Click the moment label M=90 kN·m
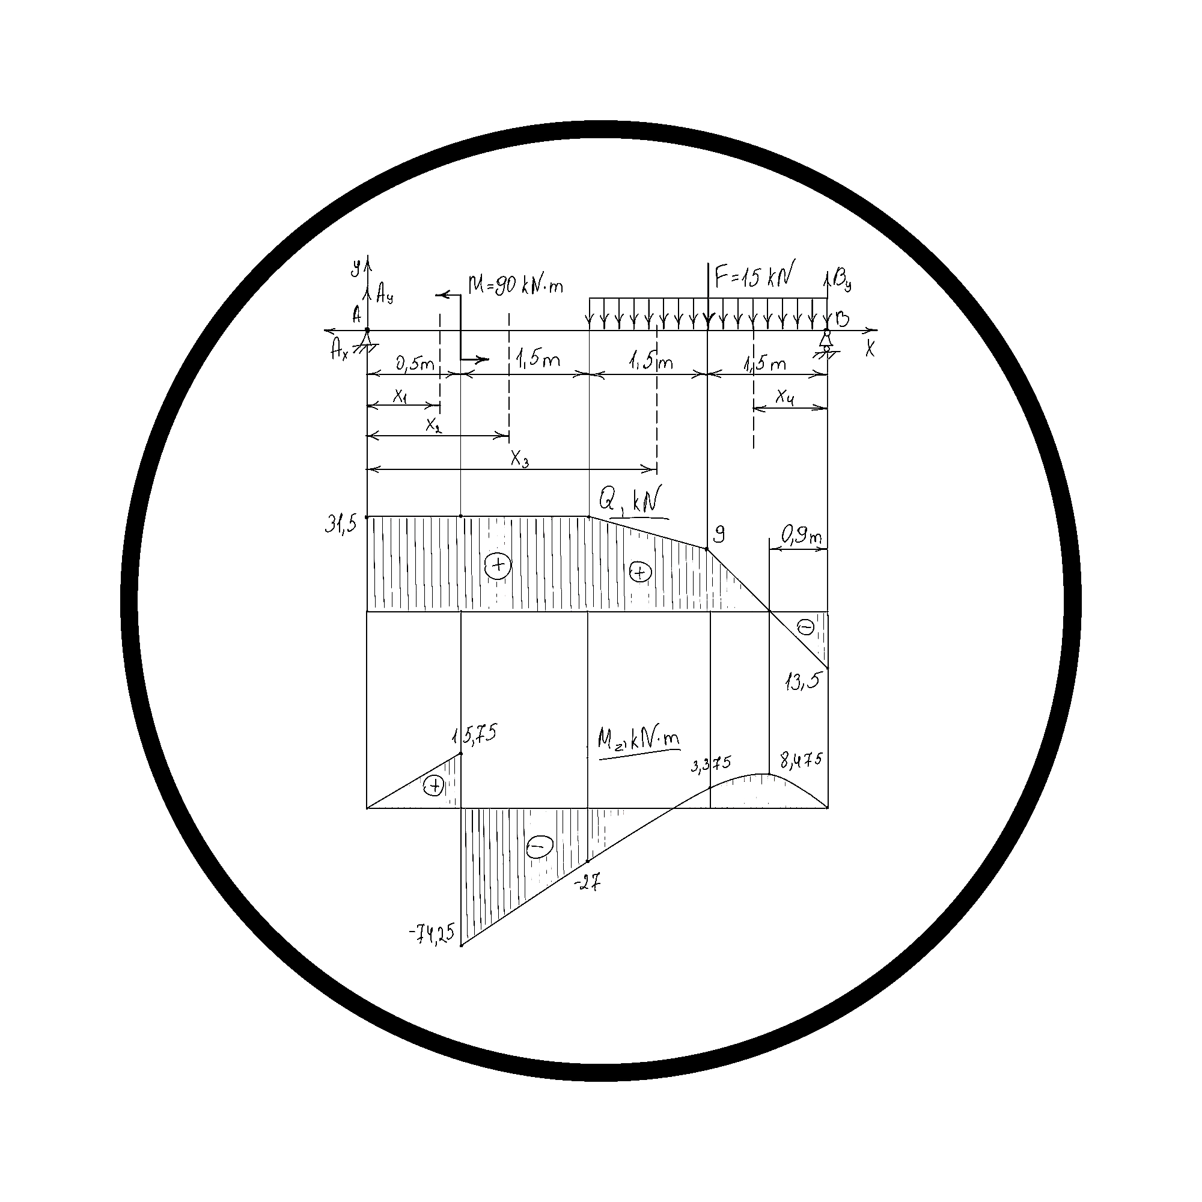click(x=516, y=285)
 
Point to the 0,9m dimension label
click(x=802, y=535)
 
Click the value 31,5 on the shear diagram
click(x=340, y=525)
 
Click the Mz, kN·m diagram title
click(x=638, y=740)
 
